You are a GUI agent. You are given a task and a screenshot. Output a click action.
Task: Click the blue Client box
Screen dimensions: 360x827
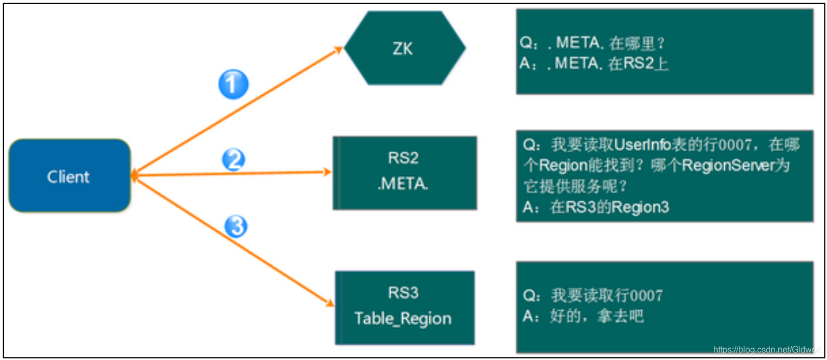[69, 176]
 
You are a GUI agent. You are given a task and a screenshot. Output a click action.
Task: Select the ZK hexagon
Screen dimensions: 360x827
[404, 48]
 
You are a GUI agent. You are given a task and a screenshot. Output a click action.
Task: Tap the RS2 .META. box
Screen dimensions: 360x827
[404, 172]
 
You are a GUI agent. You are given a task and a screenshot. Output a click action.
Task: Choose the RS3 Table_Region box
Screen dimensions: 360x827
[404, 307]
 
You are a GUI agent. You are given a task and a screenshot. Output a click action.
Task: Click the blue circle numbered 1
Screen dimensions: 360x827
[233, 85]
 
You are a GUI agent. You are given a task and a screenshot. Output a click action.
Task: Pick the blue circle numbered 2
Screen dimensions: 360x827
[234, 160]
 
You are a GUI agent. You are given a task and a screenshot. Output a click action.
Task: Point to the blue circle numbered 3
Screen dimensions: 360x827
[235, 227]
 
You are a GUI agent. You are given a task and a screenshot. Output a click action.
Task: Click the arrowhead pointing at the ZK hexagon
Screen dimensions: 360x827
[339, 49]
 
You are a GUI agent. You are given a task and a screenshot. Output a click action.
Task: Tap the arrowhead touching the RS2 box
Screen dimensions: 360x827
[327, 172]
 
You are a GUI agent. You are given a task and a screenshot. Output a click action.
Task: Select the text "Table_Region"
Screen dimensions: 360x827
[403, 318]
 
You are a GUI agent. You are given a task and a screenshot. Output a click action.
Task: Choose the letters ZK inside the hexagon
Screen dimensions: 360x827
[403, 49]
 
